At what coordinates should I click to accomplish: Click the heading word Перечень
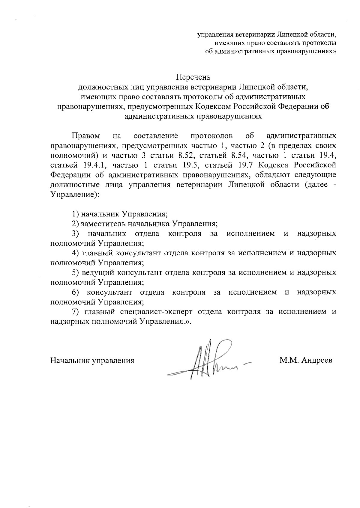[193, 77]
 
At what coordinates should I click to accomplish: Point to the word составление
[156, 136]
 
